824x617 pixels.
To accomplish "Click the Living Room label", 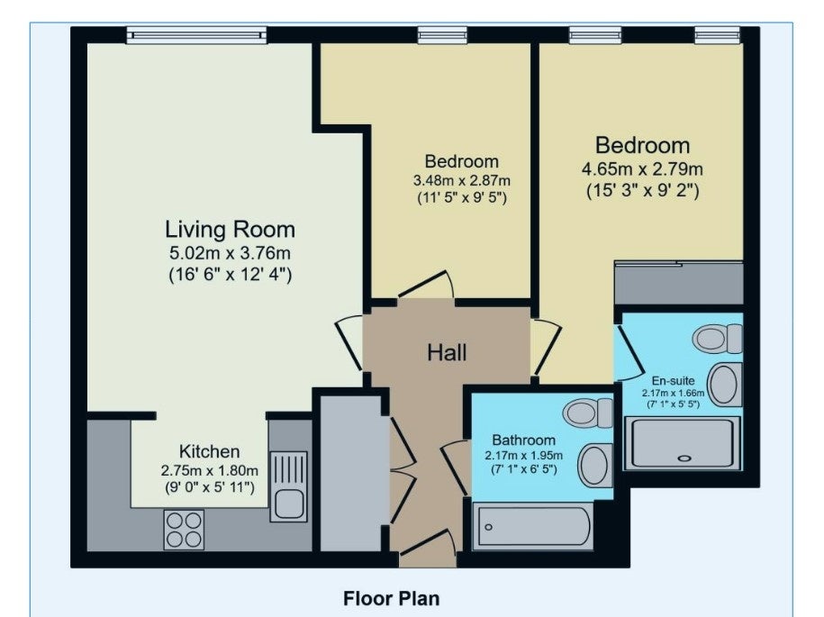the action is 231,230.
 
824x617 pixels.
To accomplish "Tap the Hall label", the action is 447,353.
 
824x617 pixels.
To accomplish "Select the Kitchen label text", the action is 209,451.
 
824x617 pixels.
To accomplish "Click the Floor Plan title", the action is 392,599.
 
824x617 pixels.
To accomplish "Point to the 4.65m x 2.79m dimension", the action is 642,169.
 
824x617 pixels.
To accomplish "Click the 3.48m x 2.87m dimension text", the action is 461,181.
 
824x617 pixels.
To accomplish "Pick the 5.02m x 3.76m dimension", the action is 230,253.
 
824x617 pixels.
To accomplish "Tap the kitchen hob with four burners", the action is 184,530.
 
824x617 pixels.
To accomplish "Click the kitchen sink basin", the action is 288,504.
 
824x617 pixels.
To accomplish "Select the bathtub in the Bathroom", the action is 533,526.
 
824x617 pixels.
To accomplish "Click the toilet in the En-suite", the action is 718,339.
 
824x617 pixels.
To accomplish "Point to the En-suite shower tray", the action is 682,443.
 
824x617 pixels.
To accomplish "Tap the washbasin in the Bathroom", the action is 595,466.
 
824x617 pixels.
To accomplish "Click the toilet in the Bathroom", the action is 587,413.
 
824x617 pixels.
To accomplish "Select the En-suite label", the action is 674,380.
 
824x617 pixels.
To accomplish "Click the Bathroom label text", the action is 523,440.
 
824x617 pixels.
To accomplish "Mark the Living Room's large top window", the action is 196,35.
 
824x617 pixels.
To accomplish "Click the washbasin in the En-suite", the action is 725,385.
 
